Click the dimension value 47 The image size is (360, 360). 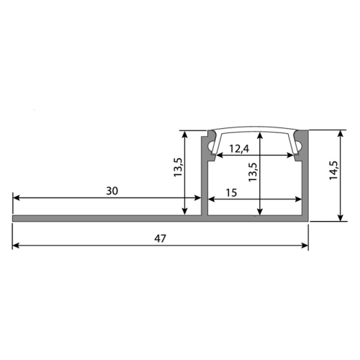pos(160,238)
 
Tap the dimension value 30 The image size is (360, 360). pos(112,191)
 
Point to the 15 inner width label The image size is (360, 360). pos(232,193)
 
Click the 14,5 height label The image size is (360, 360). pos(333,170)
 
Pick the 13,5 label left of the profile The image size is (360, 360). pos(179,167)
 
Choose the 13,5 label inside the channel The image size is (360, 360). pos(253,172)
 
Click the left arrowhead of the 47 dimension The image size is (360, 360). pos(15,246)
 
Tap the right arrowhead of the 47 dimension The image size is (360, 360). pos(305,246)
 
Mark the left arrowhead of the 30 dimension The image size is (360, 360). pos(16,198)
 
